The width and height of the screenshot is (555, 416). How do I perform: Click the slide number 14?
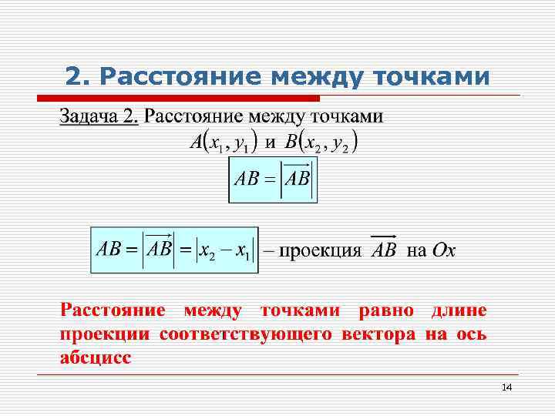(x=506, y=387)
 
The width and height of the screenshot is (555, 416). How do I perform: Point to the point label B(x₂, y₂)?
(x=324, y=143)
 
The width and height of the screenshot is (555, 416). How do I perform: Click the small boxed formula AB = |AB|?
(x=272, y=179)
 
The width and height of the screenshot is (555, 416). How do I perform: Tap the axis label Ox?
(x=443, y=250)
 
